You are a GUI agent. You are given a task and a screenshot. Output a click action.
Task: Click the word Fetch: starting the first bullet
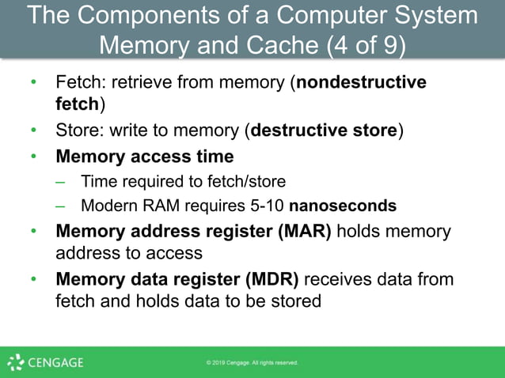[79, 82]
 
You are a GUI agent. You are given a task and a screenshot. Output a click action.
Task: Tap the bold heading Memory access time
[144, 156]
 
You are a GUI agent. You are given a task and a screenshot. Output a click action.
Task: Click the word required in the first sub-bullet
[148, 181]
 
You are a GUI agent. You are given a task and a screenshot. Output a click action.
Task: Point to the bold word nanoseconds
[342, 206]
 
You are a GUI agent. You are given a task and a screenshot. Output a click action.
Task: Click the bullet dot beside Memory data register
[33, 279]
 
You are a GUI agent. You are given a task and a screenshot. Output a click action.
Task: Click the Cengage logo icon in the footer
[15, 363]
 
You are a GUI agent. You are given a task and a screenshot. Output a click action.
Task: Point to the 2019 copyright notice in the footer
[252, 363]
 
